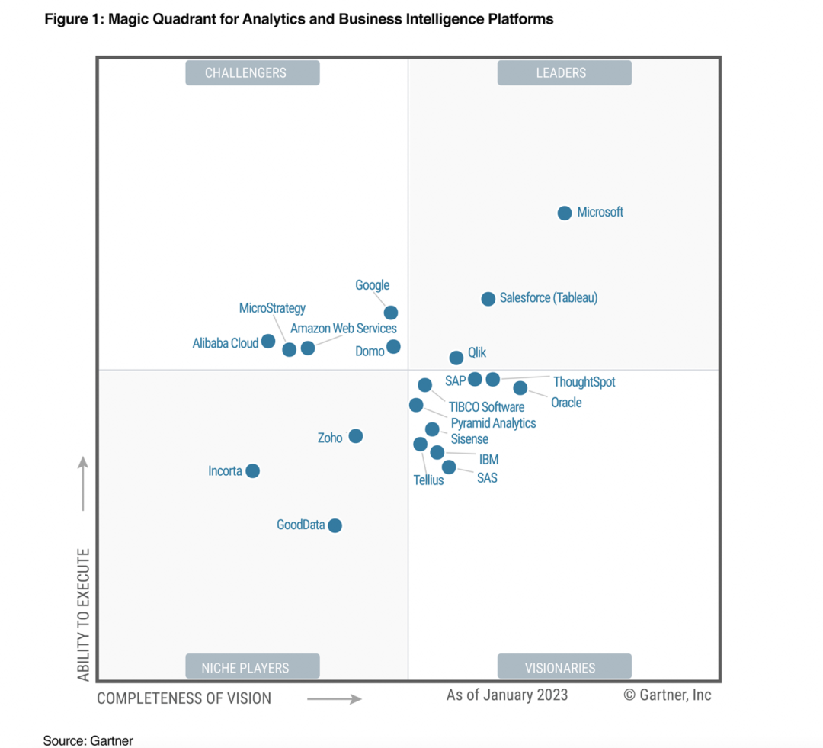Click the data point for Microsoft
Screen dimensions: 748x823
[565, 213]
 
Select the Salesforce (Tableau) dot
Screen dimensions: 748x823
[488, 299]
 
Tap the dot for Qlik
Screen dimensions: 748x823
[456, 358]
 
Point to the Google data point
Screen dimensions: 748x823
[391, 313]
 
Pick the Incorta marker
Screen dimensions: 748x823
[253, 471]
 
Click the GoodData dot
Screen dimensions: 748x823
[335, 525]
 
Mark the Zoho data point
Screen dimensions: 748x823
[356, 436]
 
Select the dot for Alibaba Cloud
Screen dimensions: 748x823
[268, 341]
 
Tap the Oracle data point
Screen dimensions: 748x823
[520, 388]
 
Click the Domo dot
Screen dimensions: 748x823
[393, 347]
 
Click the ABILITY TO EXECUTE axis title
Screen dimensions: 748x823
[84, 614]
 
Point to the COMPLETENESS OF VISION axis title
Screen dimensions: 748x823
[184, 698]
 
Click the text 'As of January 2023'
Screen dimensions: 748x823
[507, 695]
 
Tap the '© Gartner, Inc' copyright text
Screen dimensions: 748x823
[668, 695]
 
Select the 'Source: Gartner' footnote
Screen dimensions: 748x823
[88, 740]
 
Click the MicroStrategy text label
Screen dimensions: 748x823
[272, 308]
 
